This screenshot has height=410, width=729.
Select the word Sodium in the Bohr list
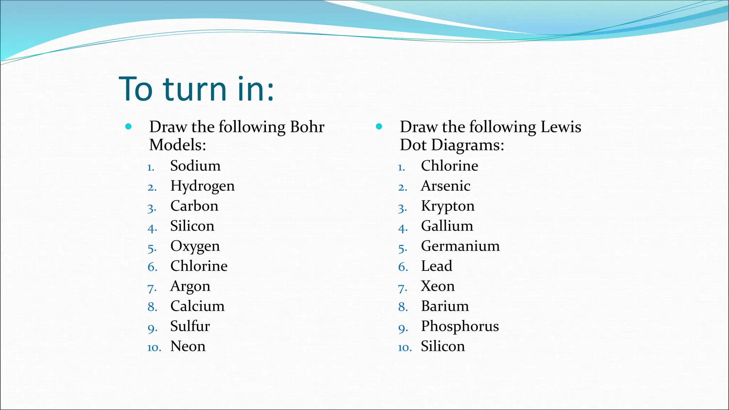point(195,166)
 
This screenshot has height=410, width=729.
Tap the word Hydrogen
point(203,186)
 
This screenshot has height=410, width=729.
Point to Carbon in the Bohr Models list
point(194,206)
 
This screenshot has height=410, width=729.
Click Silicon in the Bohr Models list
point(192,226)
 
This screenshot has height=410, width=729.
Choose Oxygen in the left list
point(195,246)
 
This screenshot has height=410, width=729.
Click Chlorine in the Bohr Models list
point(199,266)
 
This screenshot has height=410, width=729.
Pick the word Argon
point(190,287)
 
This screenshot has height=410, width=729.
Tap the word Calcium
point(198,306)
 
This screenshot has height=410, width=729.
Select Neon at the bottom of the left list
point(188,346)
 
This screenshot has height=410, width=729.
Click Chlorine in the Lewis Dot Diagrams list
point(450,166)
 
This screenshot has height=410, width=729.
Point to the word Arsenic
point(446,186)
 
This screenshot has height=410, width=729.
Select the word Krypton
point(448,206)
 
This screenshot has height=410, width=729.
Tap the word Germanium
point(460,246)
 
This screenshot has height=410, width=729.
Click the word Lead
point(437,266)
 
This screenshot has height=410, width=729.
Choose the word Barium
point(445,306)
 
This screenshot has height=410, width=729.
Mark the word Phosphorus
point(460,326)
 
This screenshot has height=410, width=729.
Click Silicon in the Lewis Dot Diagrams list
point(443,346)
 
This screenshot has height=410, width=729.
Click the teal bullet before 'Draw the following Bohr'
point(129,126)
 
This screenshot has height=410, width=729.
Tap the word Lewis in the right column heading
point(561,127)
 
